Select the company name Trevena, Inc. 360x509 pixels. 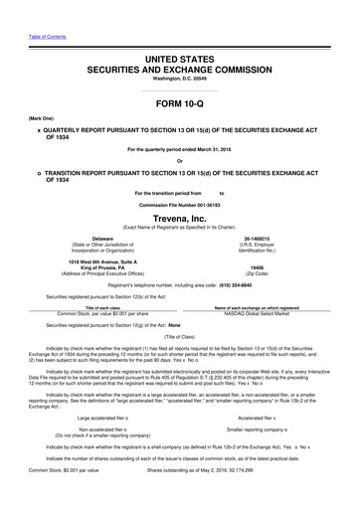tap(179, 217)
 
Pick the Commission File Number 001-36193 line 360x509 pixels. tap(179, 203)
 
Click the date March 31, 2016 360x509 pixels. tap(221, 149)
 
